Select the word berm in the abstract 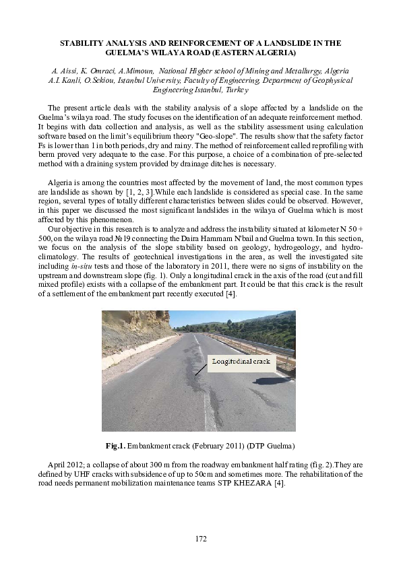tap(46, 154)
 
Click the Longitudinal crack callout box tap(240, 362)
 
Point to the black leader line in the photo tap(201, 368)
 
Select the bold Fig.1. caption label tap(116, 446)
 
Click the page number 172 tap(200, 538)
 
